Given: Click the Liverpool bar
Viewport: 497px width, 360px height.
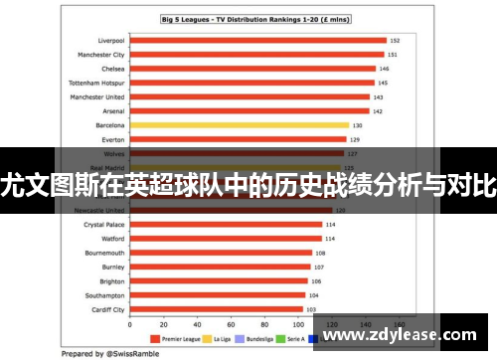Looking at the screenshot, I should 257,41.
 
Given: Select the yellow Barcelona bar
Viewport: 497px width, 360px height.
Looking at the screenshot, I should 240,125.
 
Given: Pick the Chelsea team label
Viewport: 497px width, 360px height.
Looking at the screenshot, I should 112,69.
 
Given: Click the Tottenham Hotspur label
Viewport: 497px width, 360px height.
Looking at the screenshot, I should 95,83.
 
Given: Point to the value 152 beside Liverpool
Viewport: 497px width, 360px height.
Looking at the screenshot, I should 395,41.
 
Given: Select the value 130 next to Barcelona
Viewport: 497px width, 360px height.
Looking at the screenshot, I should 356,125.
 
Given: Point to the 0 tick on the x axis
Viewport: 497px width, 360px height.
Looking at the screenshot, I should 130,325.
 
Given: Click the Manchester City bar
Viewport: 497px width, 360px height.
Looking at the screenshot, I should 256,55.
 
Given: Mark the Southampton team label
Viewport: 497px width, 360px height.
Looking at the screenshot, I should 105,295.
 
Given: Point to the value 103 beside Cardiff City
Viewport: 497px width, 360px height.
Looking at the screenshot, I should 310,309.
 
